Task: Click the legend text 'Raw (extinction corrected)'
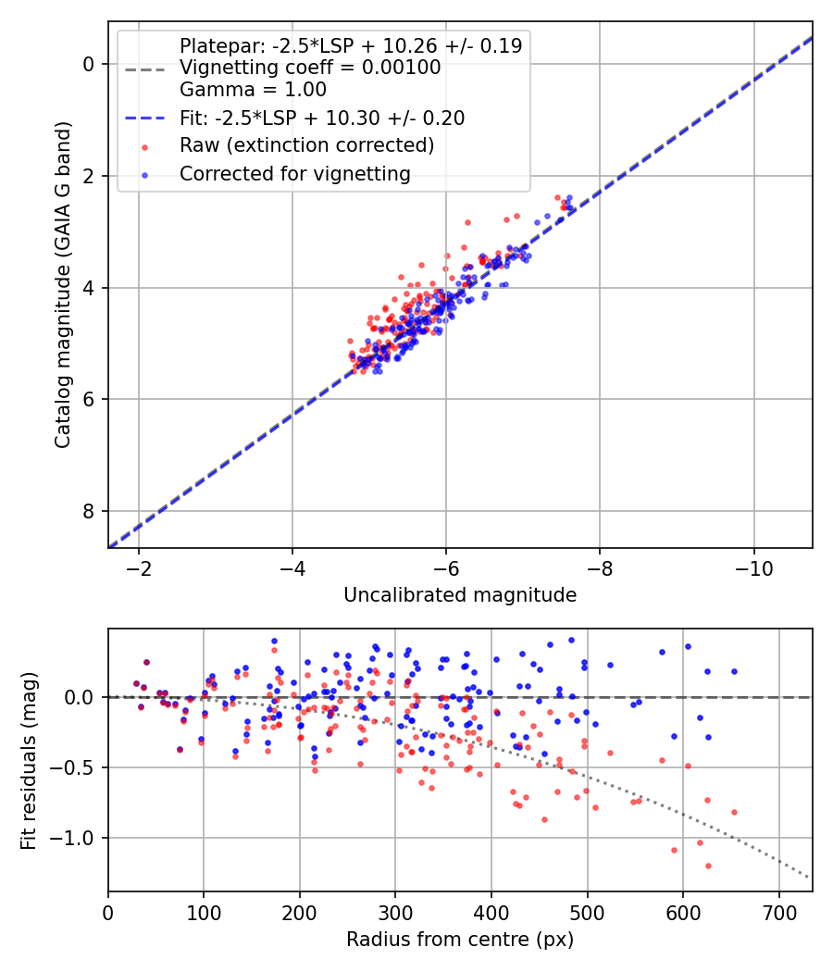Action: tap(306, 145)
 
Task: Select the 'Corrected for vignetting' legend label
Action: tap(294, 173)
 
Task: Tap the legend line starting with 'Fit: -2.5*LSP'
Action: tap(322, 118)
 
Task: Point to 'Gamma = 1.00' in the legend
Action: tap(253, 90)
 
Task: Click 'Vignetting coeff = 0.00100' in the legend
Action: tap(310, 68)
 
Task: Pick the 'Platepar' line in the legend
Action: tap(350, 45)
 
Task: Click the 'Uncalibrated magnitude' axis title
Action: tap(460, 595)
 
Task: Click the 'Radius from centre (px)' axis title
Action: tap(460, 940)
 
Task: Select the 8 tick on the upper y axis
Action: tap(89, 511)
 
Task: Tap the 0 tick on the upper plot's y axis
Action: tap(89, 64)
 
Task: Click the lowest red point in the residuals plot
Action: tap(708, 866)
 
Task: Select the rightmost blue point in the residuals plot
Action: tap(734, 671)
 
